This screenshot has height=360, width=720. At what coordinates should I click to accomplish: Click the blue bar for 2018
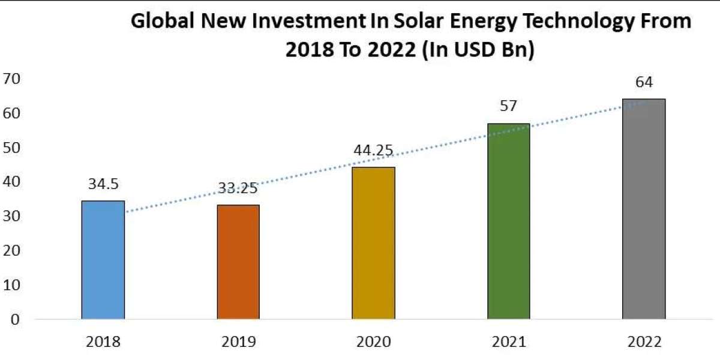tap(103, 260)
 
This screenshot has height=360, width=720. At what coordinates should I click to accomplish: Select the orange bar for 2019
tap(238, 262)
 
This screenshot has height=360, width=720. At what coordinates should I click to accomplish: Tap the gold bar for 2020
tap(373, 243)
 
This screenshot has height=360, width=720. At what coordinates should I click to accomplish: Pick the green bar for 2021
tap(508, 221)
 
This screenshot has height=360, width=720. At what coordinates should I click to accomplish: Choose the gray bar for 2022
tap(643, 209)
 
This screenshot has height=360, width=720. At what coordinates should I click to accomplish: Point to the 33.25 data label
tap(238, 188)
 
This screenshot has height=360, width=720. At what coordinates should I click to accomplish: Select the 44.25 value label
tap(373, 151)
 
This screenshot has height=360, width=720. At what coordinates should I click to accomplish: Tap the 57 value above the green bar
tap(508, 107)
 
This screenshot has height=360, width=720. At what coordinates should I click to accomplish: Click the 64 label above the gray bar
tap(643, 82)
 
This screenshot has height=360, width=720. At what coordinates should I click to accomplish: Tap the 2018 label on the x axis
tap(103, 343)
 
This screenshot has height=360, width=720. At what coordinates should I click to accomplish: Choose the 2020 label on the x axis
tap(373, 343)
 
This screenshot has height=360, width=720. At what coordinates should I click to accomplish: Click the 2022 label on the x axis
tap(643, 343)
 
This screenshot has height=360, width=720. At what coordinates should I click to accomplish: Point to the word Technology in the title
tap(575, 22)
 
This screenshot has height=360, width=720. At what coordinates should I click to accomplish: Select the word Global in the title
tap(164, 22)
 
